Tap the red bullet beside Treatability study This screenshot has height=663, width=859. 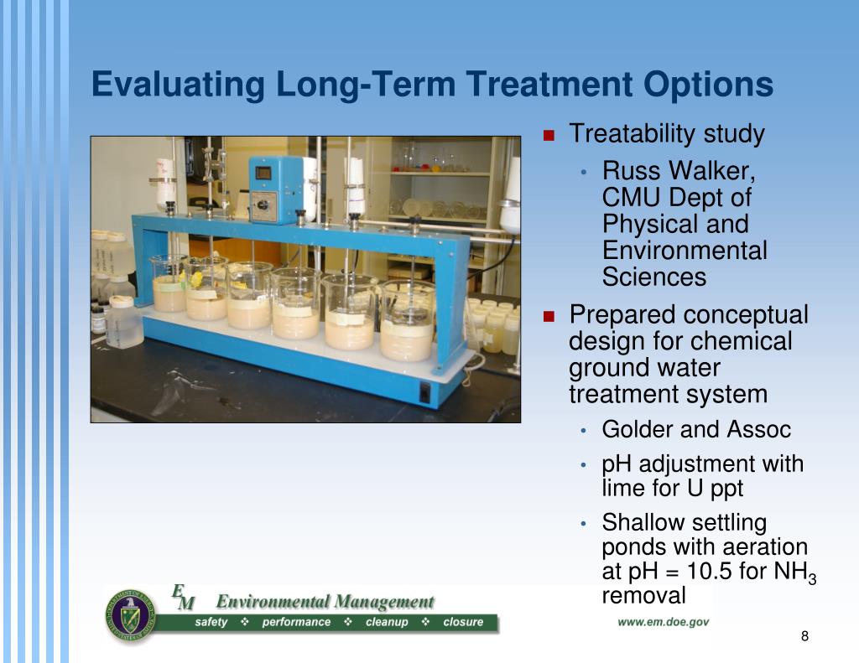[549, 135]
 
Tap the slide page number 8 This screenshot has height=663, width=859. [804, 636]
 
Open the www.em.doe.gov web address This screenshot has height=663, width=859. [663, 622]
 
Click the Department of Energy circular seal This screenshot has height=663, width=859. [130, 615]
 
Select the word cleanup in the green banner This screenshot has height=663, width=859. [387, 622]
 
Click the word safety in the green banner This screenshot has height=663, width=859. [211, 622]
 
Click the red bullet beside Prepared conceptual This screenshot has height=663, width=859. [549, 317]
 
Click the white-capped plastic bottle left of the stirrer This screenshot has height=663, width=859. [124, 322]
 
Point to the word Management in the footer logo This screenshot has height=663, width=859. [384, 602]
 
